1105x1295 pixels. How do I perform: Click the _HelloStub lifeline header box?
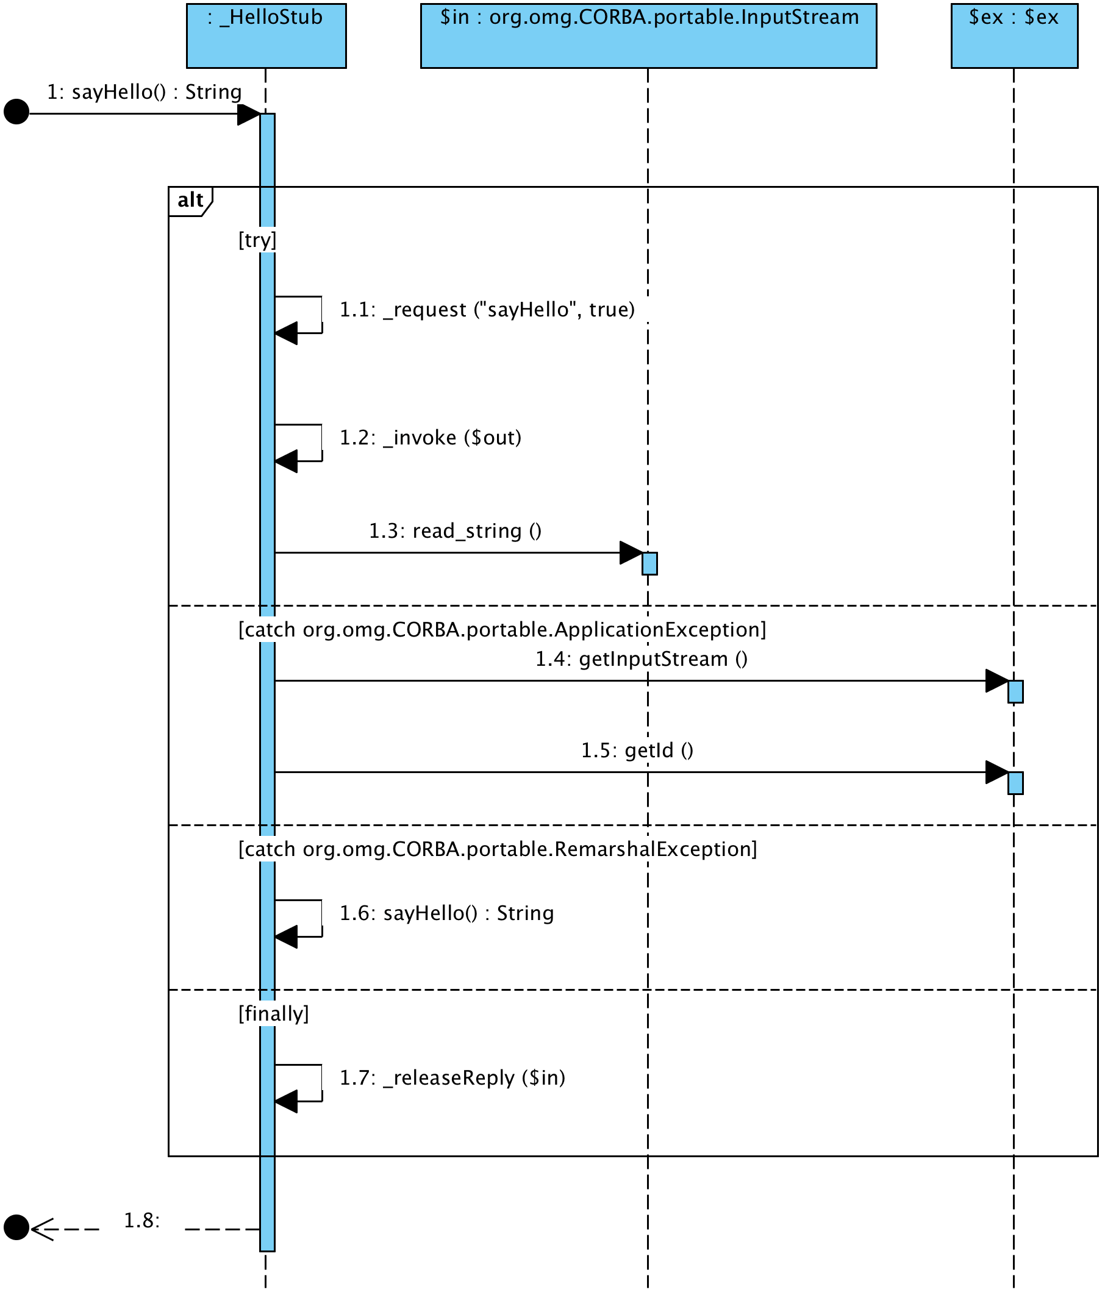click(x=266, y=35)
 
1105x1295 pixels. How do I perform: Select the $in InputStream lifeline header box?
click(x=648, y=35)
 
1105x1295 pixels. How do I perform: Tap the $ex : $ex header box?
click(x=1014, y=35)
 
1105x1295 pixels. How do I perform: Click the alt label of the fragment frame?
click(x=190, y=200)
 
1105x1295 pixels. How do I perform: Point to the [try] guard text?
click(x=257, y=240)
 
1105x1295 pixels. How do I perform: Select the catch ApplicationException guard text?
click(x=502, y=629)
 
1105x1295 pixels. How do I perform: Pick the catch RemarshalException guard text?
click(x=498, y=849)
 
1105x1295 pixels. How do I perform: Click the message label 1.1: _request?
click(x=487, y=309)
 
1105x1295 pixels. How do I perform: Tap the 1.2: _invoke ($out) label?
click(x=430, y=438)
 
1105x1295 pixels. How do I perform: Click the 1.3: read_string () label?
click(x=455, y=530)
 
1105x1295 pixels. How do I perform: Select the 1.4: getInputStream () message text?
click(x=642, y=658)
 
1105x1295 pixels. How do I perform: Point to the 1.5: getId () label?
click(x=637, y=750)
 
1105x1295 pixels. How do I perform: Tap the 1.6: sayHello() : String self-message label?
click(x=446, y=913)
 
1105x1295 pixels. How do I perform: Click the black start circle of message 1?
click(x=16, y=112)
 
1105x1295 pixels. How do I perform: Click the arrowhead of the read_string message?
click(x=631, y=552)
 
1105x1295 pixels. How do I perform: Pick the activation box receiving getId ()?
click(x=1015, y=782)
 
